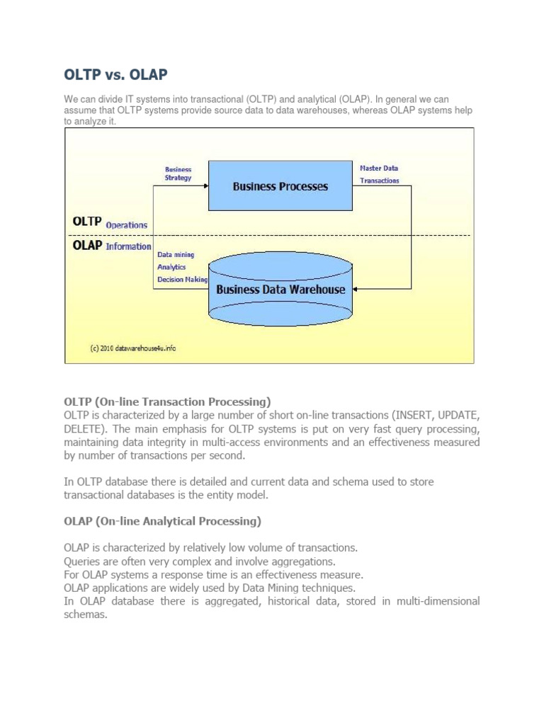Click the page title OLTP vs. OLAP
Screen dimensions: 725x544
click(116, 74)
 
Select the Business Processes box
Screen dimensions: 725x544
click(280, 186)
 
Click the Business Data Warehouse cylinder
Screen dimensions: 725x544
click(280, 289)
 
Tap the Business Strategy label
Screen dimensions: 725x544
click(178, 173)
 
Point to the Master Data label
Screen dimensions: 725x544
click(379, 169)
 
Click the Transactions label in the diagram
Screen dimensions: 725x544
click(379, 181)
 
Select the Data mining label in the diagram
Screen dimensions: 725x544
click(176, 254)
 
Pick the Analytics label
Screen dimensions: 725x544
click(171, 267)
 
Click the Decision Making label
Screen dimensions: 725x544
click(182, 280)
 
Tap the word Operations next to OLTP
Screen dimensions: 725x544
click(127, 225)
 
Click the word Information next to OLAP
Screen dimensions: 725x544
click(128, 246)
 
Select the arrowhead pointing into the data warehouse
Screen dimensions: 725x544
click(356, 289)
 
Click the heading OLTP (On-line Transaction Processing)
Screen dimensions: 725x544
click(167, 401)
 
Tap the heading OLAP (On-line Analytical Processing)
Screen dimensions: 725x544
click(162, 521)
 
